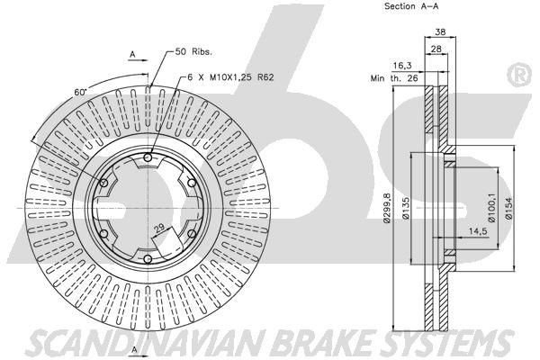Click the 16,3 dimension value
(401, 66)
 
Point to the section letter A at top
(132, 55)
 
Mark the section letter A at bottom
(132, 348)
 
